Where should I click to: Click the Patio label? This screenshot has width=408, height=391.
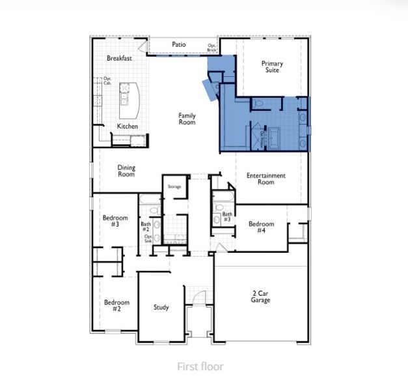pyautogui.click(x=179, y=44)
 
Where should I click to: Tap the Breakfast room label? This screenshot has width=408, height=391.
pyautogui.click(x=120, y=58)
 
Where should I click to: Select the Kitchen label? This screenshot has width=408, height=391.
pyautogui.click(x=127, y=126)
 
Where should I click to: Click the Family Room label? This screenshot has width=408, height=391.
pyautogui.click(x=187, y=119)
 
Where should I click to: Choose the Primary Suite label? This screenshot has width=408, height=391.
pyautogui.click(x=272, y=66)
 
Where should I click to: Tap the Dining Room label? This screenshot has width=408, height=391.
pyautogui.click(x=126, y=171)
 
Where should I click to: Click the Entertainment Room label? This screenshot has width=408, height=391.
pyautogui.click(x=266, y=179)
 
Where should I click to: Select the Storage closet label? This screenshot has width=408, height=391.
pyautogui.click(x=174, y=186)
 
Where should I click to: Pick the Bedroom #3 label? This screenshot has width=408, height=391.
pyautogui.click(x=115, y=221)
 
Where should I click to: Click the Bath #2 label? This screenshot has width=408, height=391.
pyautogui.click(x=146, y=227)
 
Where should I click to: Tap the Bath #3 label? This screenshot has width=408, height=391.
pyautogui.click(x=227, y=217)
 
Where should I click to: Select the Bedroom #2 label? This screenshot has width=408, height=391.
pyautogui.click(x=116, y=306)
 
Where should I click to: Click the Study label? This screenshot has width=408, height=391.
pyautogui.click(x=161, y=307)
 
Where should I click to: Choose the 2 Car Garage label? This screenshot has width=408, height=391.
pyautogui.click(x=261, y=297)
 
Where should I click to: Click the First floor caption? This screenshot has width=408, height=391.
pyautogui.click(x=200, y=366)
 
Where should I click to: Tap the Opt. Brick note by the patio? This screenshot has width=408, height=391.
pyautogui.click(x=211, y=48)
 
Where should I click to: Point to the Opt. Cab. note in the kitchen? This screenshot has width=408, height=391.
pyautogui.click(x=107, y=81)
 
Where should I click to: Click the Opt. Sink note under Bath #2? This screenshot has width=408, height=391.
pyautogui.click(x=148, y=239)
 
